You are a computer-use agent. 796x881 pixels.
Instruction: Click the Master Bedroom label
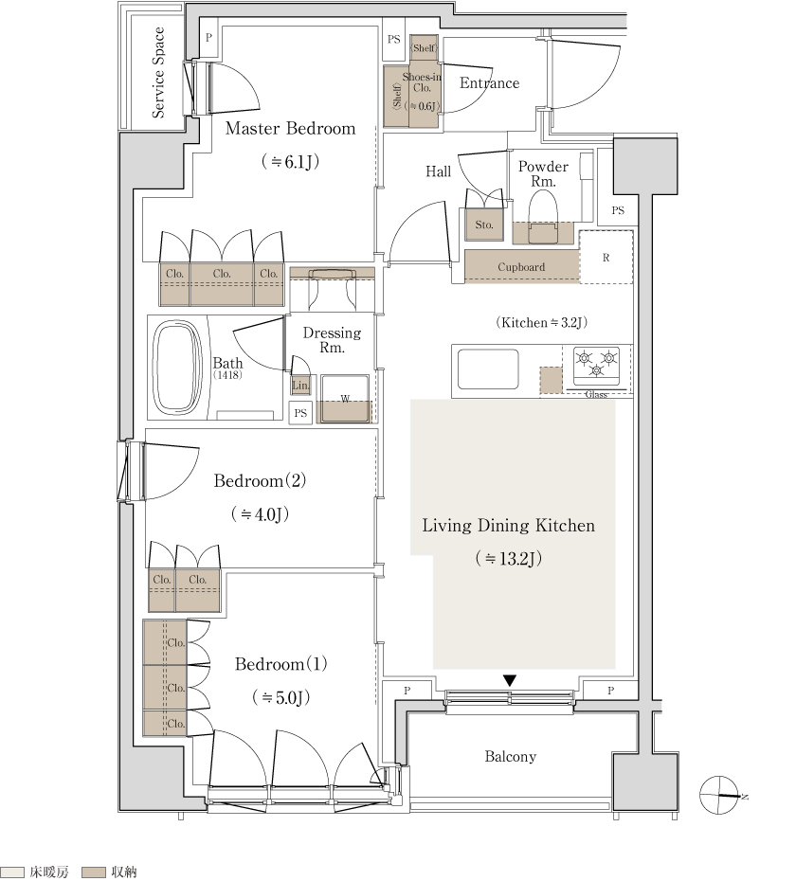click(290, 128)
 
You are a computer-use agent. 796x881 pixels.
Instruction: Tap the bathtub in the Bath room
click(177, 367)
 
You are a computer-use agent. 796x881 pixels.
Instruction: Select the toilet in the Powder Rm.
click(543, 217)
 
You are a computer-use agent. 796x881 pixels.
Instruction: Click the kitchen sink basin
click(488, 369)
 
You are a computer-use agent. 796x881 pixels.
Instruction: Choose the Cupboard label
click(521, 267)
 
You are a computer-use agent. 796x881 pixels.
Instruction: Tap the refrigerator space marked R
click(606, 258)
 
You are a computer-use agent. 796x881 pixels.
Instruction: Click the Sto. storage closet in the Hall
click(484, 225)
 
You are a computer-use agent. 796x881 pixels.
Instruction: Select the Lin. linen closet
click(300, 385)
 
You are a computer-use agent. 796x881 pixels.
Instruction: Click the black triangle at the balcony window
click(509, 680)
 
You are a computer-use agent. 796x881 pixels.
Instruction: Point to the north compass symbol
click(719, 795)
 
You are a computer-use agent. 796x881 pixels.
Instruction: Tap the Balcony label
click(511, 756)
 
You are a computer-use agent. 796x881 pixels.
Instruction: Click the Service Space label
click(158, 73)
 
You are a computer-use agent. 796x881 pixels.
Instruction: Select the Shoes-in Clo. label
click(422, 82)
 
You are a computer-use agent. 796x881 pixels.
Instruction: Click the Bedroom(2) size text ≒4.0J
click(260, 514)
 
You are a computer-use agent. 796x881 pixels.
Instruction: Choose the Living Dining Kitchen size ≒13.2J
click(508, 559)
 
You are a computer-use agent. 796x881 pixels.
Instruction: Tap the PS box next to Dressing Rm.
click(300, 413)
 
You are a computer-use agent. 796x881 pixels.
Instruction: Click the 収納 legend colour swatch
click(93, 872)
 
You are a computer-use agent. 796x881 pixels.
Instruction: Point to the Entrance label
click(489, 83)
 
